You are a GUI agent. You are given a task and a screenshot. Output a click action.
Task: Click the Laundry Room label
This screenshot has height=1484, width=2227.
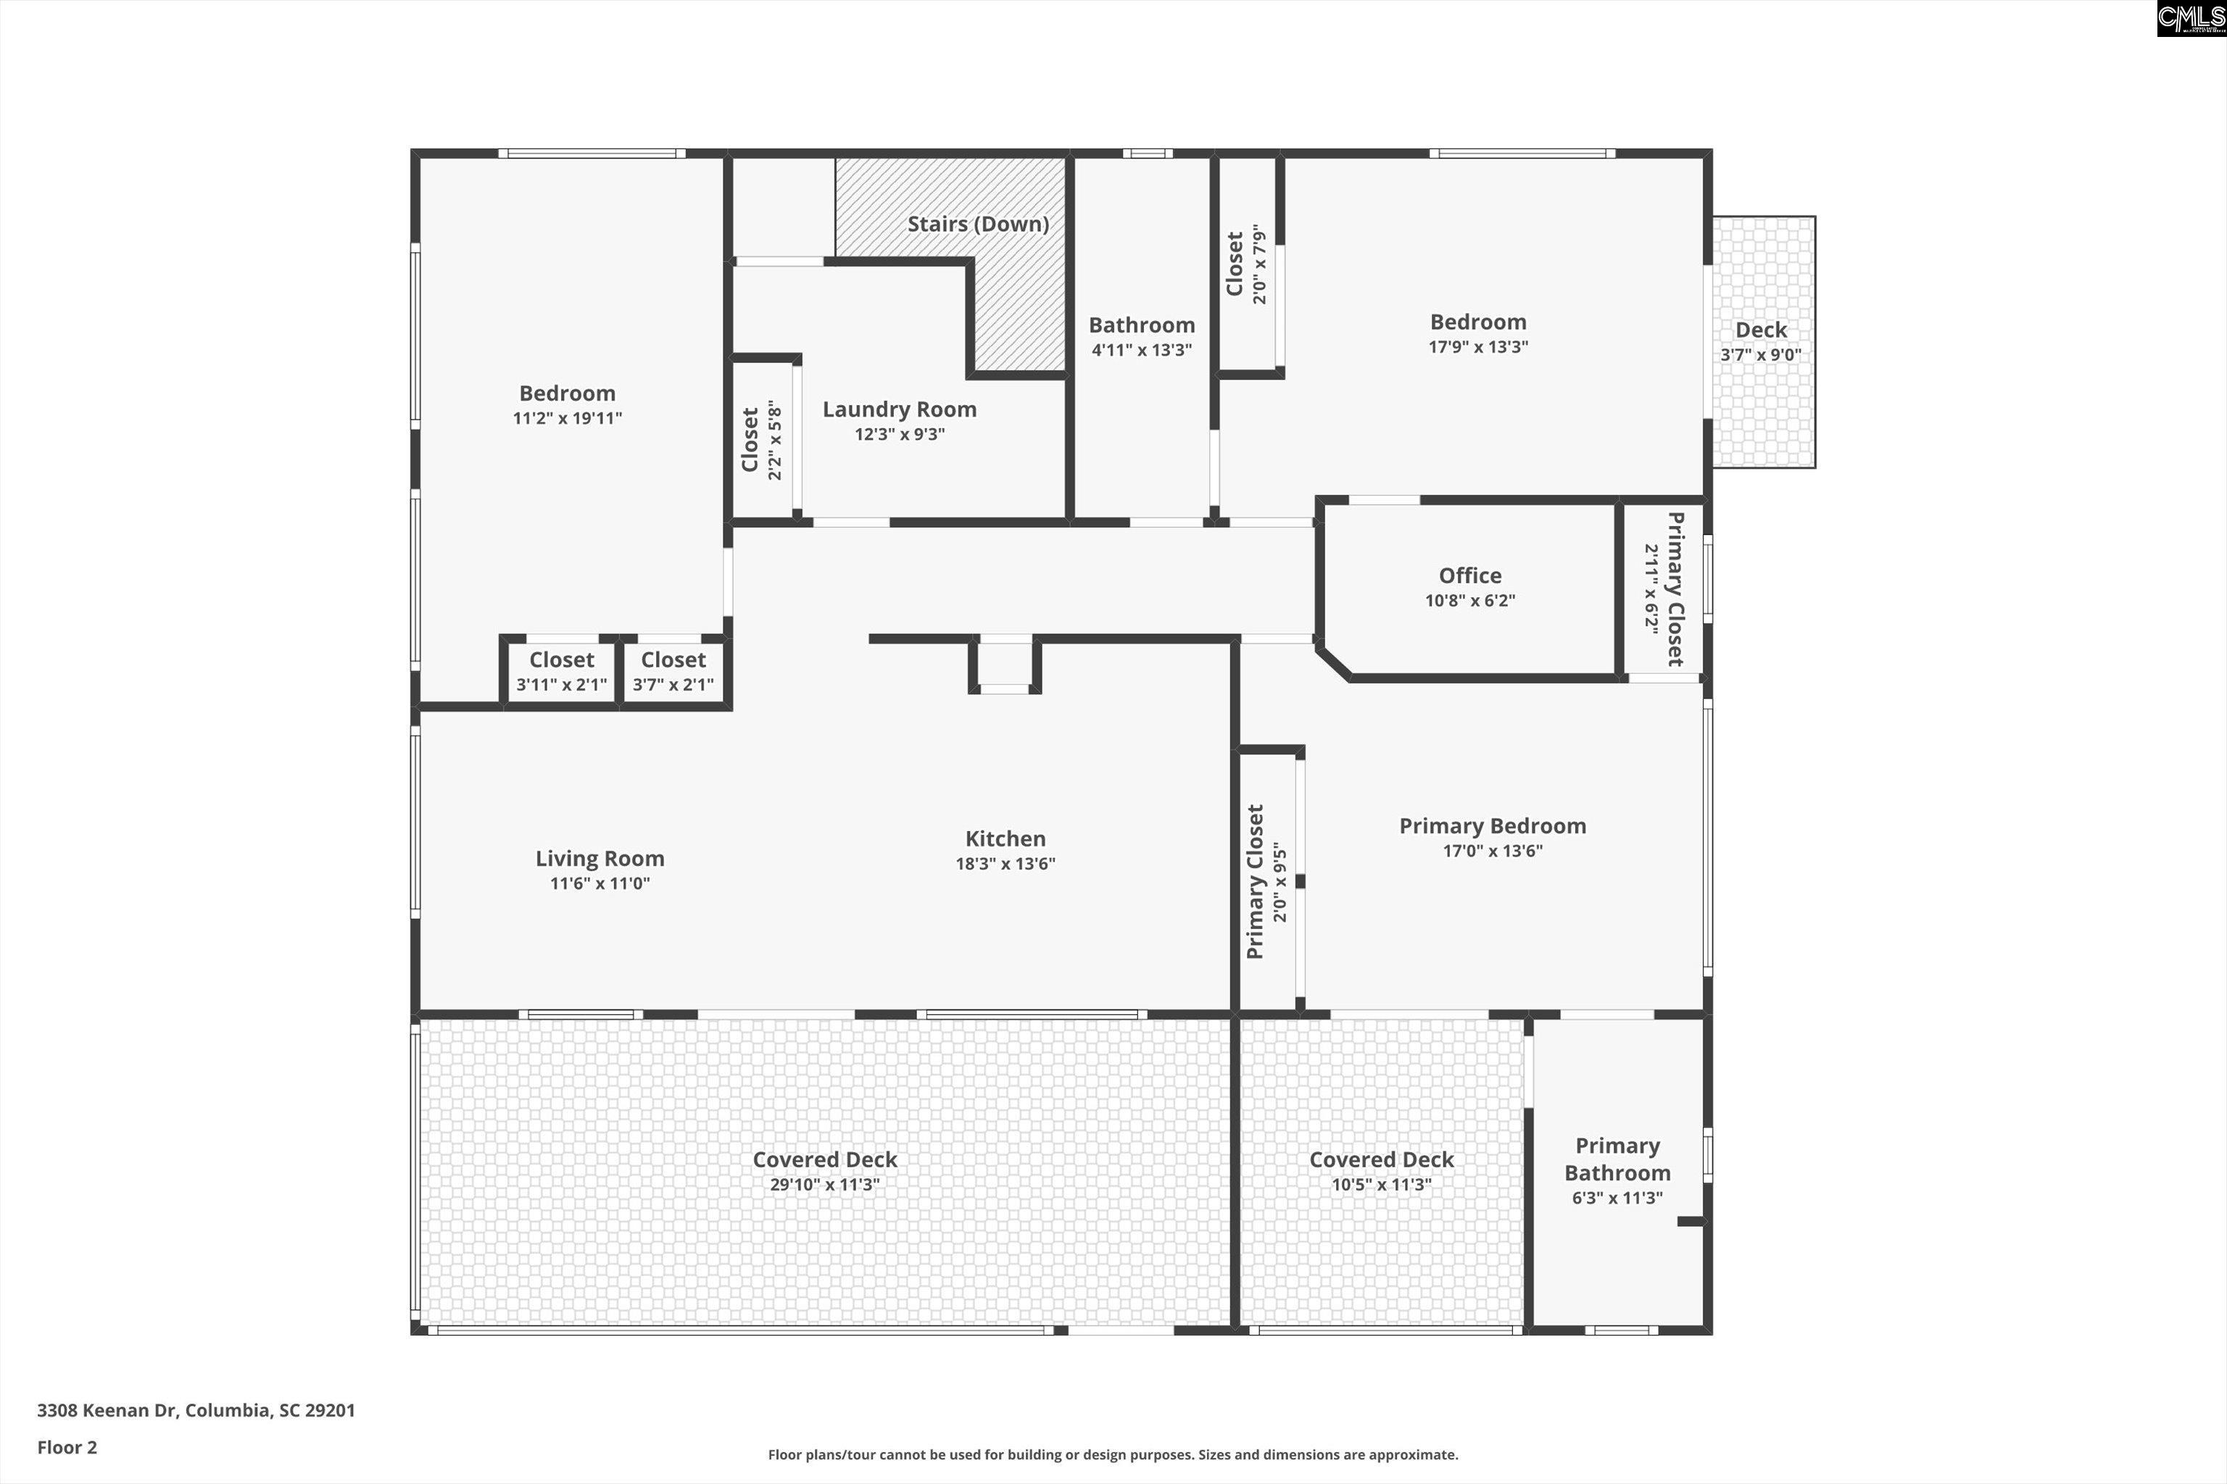(x=899, y=410)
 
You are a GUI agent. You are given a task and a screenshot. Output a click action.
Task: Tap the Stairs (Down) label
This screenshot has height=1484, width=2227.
(x=978, y=225)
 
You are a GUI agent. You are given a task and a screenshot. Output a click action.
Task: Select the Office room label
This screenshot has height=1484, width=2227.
(x=1469, y=575)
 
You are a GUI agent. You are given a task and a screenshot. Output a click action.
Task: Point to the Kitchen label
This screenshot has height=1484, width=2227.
(x=1005, y=838)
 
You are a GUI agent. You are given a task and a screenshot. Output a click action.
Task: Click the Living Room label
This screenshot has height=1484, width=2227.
(x=600, y=859)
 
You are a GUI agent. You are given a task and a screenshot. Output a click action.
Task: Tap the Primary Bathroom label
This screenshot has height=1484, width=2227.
(x=1617, y=1159)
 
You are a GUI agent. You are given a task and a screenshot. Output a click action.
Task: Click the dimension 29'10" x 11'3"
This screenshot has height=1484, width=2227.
(x=825, y=1185)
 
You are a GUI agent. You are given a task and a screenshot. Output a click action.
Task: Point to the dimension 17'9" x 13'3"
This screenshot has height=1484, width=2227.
(x=1478, y=347)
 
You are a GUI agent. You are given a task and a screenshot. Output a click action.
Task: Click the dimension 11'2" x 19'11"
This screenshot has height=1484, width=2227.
(x=567, y=418)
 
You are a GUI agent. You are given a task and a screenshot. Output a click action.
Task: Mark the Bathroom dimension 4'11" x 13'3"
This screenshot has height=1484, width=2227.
(x=1141, y=350)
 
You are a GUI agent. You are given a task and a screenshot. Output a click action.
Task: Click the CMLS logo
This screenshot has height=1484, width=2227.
(x=2191, y=18)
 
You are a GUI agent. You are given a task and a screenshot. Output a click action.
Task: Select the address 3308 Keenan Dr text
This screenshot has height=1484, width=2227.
(x=196, y=1410)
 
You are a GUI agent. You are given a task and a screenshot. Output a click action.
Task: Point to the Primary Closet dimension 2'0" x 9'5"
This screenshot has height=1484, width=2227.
(x=1280, y=882)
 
